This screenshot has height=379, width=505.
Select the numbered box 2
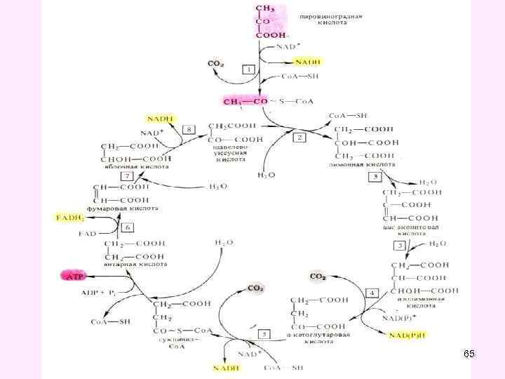pyautogui.click(x=300, y=138)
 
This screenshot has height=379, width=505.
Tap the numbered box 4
pyautogui.click(x=372, y=292)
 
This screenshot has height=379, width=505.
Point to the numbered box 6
pyautogui.click(x=128, y=227)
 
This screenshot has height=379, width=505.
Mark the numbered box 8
pyautogui.click(x=189, y=129)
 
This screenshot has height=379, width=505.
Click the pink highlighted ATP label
pyautogui.click(x=72, y=277)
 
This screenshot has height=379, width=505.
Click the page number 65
pyautogui.click(x=469, y=354)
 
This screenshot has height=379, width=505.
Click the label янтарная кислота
pyautogui.click(x=136, y=265)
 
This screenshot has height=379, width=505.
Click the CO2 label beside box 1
pyautogui.click(x=216, y=64)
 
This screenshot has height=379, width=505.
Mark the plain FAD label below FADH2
pyautogui.click(x=87, y=233)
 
